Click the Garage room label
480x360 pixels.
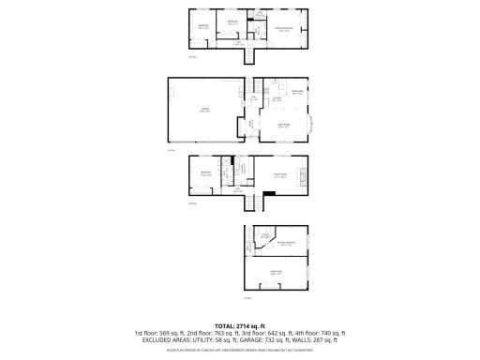pos(203,111)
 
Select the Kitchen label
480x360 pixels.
pos(277,97)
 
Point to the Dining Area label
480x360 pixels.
pos(298,91)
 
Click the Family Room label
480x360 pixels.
pos(280,174)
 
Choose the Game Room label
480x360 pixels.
pos(276,273)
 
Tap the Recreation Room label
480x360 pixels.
pos(281,243)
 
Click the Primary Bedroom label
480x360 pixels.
pos(283,30)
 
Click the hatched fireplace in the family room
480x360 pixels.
pos(302,176)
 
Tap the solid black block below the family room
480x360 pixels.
pos(269,195)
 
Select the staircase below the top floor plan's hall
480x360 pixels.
pos(249,55)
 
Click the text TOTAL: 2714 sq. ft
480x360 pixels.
pos(240,324)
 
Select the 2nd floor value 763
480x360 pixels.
pos(224,333)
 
